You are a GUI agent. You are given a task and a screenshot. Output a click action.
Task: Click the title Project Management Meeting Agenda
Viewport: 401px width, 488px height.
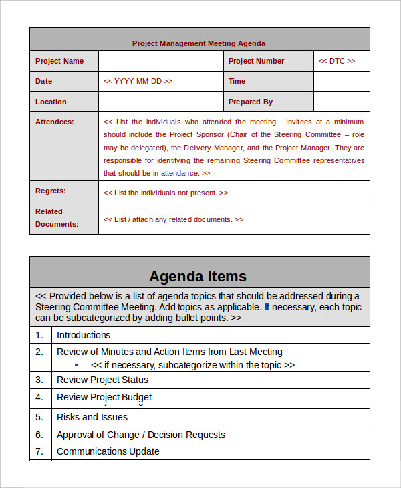coord(198,43)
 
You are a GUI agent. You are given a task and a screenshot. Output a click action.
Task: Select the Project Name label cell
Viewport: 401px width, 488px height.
coord(59,61)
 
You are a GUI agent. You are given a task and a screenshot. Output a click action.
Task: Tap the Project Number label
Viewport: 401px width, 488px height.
coord(256,61)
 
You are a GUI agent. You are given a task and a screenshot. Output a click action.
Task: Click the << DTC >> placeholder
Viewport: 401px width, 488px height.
coord(337,61)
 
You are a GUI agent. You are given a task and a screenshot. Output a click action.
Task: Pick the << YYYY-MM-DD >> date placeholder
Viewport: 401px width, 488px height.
coord(138,81)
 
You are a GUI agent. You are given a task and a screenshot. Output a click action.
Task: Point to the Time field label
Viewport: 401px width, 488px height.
coord(237,81)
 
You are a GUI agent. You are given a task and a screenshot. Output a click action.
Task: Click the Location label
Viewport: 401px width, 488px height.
coord(51,102)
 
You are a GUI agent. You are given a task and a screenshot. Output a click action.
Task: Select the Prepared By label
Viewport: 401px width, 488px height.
coord(251,102)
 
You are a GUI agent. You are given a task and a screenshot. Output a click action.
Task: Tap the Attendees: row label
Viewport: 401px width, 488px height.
coord(55,122)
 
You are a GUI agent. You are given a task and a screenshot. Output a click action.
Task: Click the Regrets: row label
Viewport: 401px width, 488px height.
coord(51,191)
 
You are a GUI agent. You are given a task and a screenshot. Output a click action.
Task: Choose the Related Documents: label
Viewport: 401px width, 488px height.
coord(57,217)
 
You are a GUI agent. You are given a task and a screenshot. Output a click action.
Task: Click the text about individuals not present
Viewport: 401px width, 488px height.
coord(166,193)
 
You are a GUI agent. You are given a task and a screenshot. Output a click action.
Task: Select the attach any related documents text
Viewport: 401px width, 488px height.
coord(173,219)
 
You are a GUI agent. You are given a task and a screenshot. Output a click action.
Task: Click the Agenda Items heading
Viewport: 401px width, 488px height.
coord(198,276)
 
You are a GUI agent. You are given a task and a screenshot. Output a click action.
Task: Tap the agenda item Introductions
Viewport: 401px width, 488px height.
coord(84,335)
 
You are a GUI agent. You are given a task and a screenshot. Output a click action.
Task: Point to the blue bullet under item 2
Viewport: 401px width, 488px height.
coord(76,365)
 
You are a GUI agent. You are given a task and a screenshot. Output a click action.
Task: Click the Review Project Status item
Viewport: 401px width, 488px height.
coord(102,380)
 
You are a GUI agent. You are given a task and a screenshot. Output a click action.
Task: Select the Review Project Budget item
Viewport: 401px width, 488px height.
coord(104,397)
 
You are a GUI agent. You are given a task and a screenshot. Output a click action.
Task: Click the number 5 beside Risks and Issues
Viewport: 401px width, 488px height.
coord(39,417)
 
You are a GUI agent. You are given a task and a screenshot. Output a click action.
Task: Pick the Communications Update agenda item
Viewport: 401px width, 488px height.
coord(108,451)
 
